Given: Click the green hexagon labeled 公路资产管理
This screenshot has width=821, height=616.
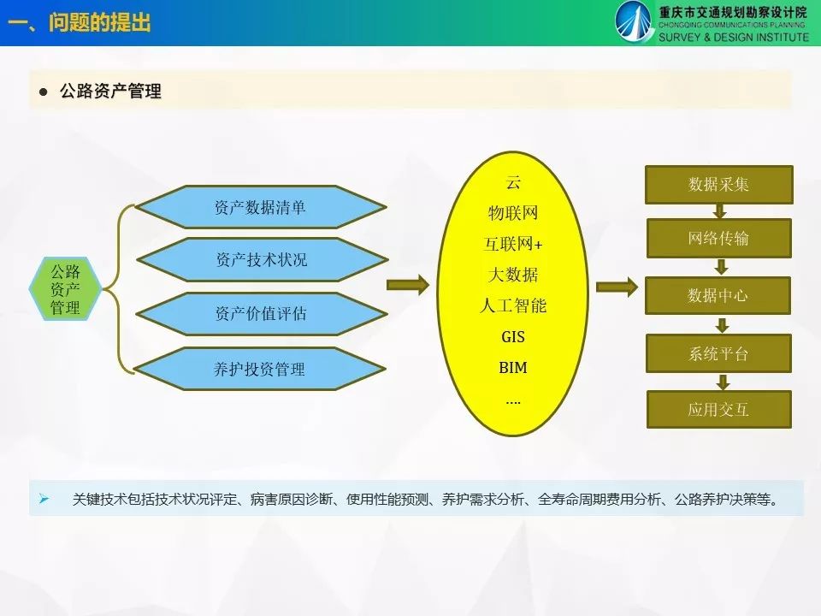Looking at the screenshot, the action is (x=65, y=288).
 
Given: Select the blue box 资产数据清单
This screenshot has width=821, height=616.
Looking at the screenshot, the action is (x=261, y=207).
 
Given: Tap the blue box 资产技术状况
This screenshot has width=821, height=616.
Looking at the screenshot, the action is (x=262, y=260).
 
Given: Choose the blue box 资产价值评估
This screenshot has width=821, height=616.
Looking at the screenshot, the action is (x=262, y=313).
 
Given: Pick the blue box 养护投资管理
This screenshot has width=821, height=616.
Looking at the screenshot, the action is (x=260, y=369).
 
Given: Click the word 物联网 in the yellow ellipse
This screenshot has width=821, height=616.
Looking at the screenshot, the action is (x=513, y=213).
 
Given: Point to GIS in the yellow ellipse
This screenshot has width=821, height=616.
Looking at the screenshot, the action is (x=513, y=337).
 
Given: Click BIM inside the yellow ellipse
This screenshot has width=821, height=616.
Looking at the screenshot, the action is (x=513, y=368).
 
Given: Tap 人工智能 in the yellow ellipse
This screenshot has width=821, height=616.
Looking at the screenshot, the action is (x=513, y=305).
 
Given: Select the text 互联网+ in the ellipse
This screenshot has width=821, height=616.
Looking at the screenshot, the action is (x=513, y=244).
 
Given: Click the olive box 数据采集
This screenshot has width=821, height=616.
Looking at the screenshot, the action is (x=719, y=185).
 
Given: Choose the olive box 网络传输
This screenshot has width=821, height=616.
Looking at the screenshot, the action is (x=719, y=239).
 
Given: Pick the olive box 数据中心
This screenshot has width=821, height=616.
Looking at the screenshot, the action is (x=718, y=295).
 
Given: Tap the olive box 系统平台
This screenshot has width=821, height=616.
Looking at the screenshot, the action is (x=718, y=353).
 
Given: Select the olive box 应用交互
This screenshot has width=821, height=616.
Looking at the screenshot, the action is (x=719, y=409).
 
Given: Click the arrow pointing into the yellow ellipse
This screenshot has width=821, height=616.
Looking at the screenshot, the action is (x=408, y=285).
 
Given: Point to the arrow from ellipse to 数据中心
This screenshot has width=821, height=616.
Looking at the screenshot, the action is (x=617, y=287).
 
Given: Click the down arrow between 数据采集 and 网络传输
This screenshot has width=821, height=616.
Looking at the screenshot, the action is (x=720, y=211).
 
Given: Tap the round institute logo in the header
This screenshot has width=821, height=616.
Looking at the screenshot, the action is (x=634, y=21).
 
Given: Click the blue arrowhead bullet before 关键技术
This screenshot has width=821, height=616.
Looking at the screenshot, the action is (x=44, y=499).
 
